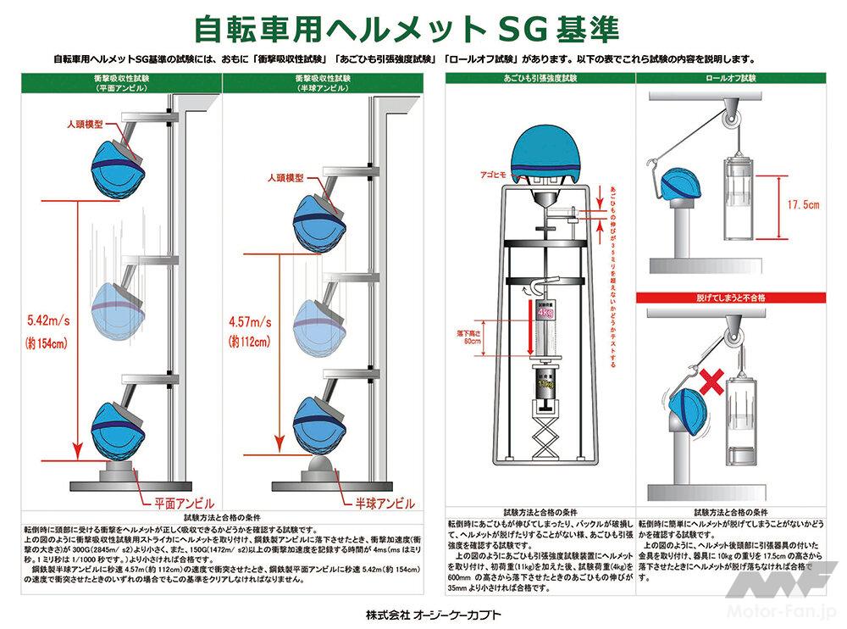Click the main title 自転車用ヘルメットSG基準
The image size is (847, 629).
coord(407,28)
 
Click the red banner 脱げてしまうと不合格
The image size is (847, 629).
coord(732,298)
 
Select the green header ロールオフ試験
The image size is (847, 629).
coord(732,78)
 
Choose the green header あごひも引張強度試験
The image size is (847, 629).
coord(540,78)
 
